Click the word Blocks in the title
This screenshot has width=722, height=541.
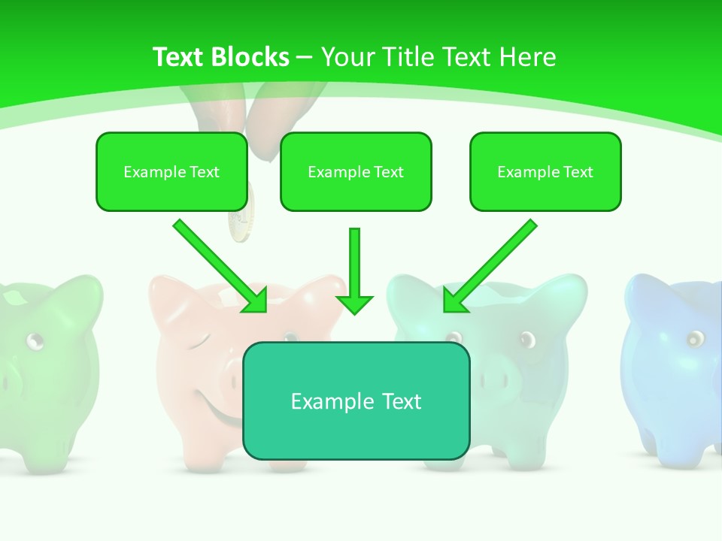249,57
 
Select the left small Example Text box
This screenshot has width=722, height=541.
171,171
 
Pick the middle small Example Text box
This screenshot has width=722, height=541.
356,171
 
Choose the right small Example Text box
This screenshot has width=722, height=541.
545,171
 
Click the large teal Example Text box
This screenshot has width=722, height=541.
356,400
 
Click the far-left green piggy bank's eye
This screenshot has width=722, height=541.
35,342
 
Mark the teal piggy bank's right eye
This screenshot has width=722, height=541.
526,338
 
